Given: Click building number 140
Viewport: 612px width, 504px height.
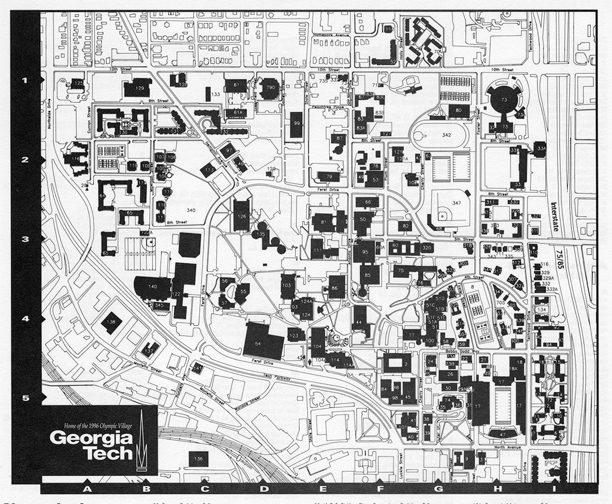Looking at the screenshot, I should pyautogui.click(x=152, y=287).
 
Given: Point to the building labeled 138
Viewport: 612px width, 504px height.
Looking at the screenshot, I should pyautogui.click(x=111, y=322).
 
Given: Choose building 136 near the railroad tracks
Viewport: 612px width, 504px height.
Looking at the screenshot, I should pyautogui.click(x=199, y=458).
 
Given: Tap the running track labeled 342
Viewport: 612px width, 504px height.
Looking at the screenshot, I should pyautogui.click(x=446, y=135).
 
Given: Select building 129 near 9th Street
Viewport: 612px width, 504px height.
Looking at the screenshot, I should pyautogui.click(x=138, y=88).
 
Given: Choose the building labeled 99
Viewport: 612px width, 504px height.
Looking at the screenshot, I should pyautogui.click(x=297, y=124).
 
